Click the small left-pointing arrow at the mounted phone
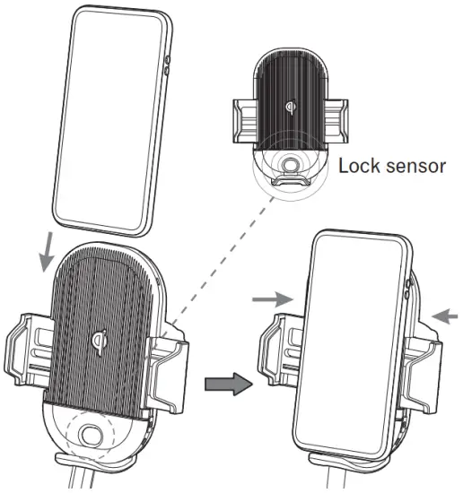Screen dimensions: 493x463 [445, 314]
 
